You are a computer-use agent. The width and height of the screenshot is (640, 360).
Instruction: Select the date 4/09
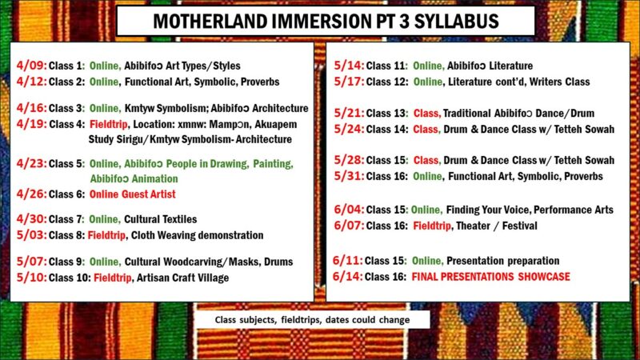(30, 66)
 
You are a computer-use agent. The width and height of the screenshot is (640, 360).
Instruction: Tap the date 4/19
(30, 124)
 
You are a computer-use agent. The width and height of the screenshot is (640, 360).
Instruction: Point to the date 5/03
(30, 235)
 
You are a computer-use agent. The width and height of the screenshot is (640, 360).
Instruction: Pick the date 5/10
(30, 278)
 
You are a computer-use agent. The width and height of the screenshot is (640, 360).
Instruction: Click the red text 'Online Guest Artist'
(132, 194)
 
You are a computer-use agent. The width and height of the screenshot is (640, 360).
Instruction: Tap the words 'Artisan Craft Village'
(182, 278)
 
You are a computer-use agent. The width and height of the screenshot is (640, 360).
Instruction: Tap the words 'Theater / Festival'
(496, 226)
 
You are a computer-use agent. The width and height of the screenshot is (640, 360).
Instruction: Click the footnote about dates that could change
(319, 320)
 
